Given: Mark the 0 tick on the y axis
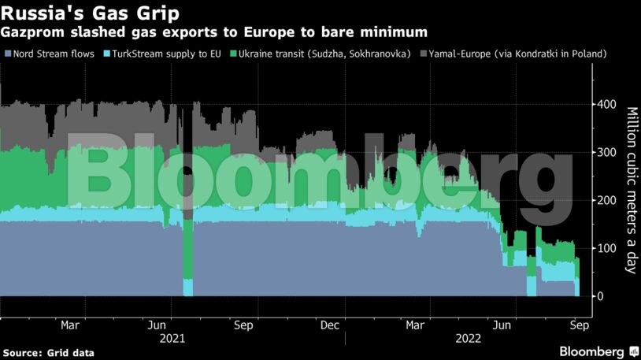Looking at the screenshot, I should coord(601,296).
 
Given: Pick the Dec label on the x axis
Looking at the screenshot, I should coord(330,325).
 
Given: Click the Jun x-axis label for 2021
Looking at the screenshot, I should coord(156,325).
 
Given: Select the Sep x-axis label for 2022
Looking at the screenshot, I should coord(576,325).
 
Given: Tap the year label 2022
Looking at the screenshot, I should coord(465,339).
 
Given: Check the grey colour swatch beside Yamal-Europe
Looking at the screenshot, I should coord(423,54).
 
